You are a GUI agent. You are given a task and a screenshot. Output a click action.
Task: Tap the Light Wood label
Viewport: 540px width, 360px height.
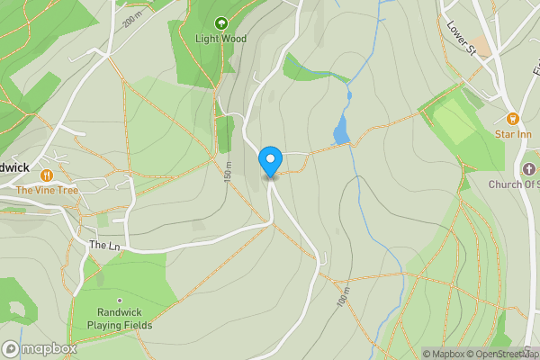[220, 39]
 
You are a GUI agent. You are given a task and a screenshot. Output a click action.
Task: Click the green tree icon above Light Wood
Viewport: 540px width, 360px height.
[220, 22]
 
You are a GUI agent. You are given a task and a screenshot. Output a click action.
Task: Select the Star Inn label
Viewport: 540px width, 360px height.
[513, 135]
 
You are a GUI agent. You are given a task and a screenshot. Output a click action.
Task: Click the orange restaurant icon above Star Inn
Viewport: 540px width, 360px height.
[513, 118]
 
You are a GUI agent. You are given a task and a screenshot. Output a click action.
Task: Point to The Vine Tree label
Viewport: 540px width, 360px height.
[48, 190]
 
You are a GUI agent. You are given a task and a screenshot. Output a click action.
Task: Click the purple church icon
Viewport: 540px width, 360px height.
[528, 169]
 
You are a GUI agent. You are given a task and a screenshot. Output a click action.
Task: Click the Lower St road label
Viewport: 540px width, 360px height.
[460, 40]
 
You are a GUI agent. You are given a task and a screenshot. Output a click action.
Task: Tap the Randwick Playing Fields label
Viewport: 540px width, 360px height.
[120, 318]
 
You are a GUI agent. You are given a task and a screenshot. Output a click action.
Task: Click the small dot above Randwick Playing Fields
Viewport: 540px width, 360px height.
[119, 301]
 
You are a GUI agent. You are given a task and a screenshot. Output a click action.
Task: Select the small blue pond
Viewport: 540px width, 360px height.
[341, 130]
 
